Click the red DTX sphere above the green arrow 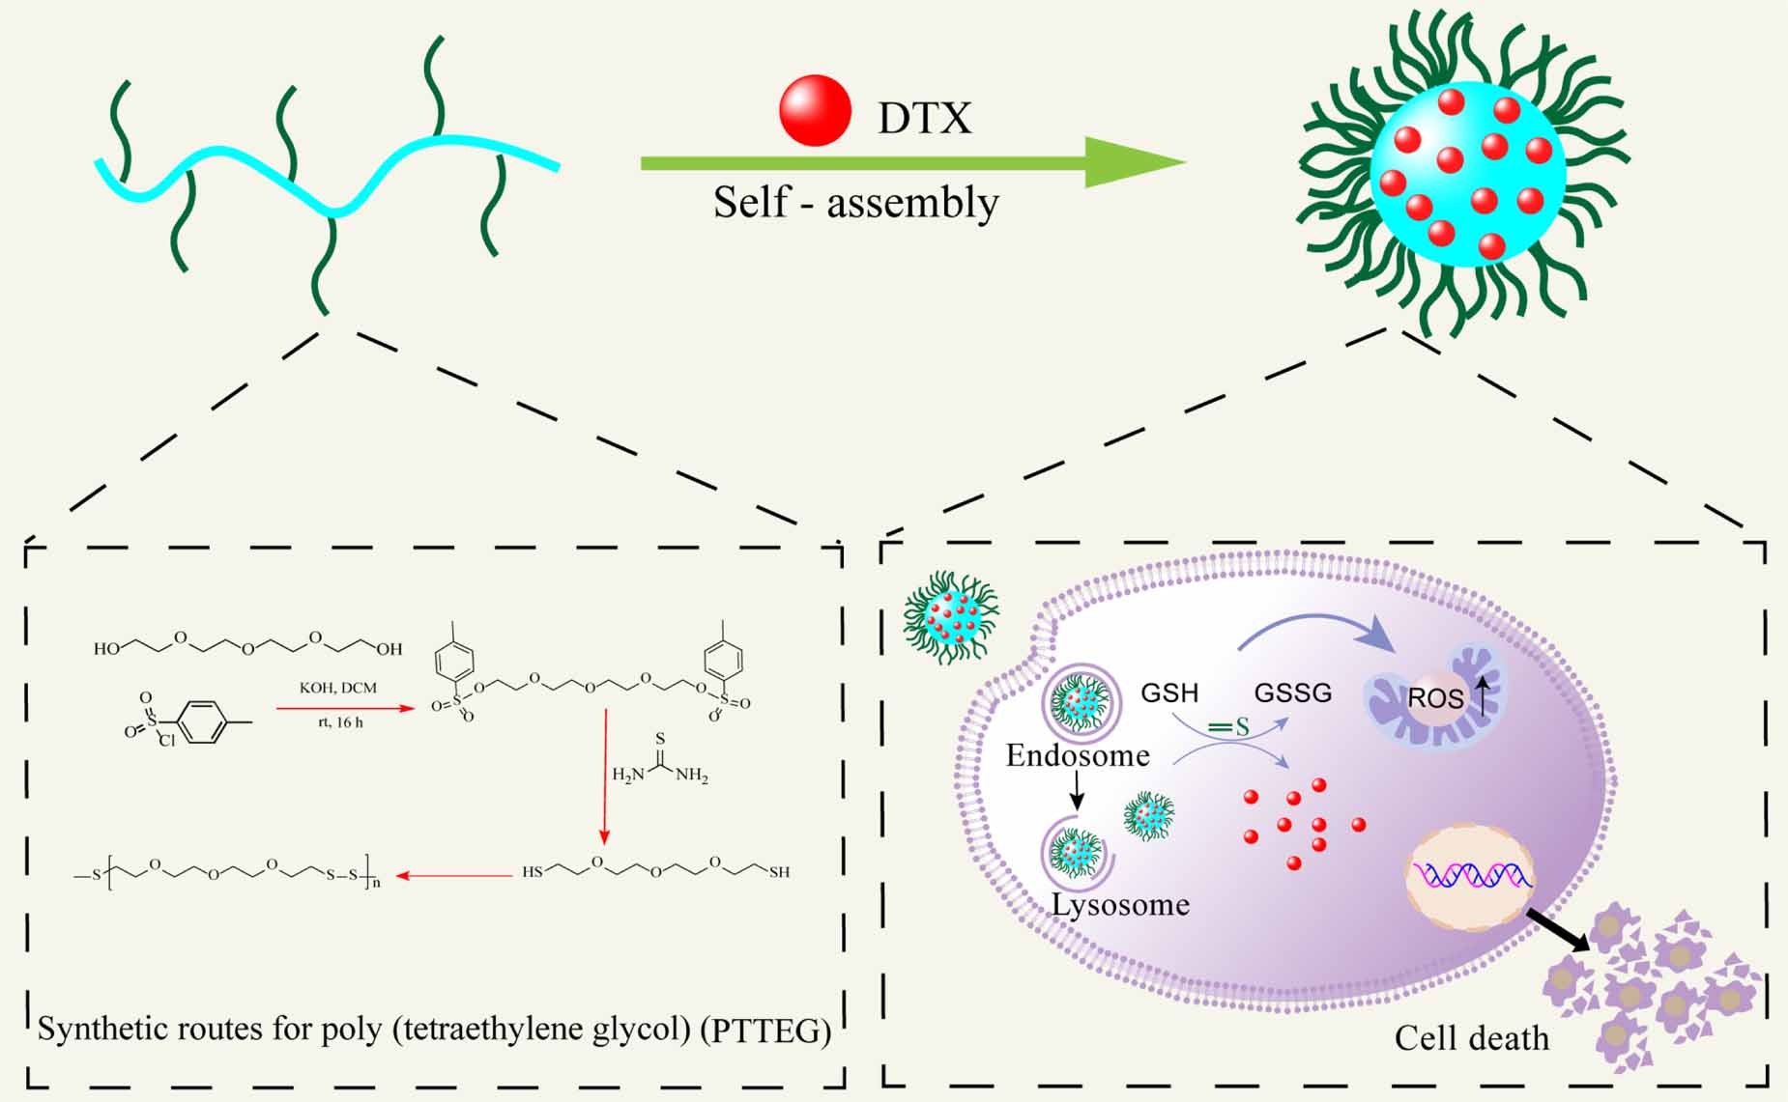(x=815, y=110)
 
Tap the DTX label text (x=924, y=119)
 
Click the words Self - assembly (x=855, y=203)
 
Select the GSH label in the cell (x=1169, y=692)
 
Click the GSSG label (x=1292, y=692)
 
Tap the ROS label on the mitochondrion (x=1435, y=698)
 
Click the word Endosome (x=1078, y=754)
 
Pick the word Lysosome (x=1120, y=905)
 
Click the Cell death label (x=1471, y=1038)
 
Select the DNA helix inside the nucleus (x=1471, y=875)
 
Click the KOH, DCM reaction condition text (x=338, y=688)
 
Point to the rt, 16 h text (x=340, y=722)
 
